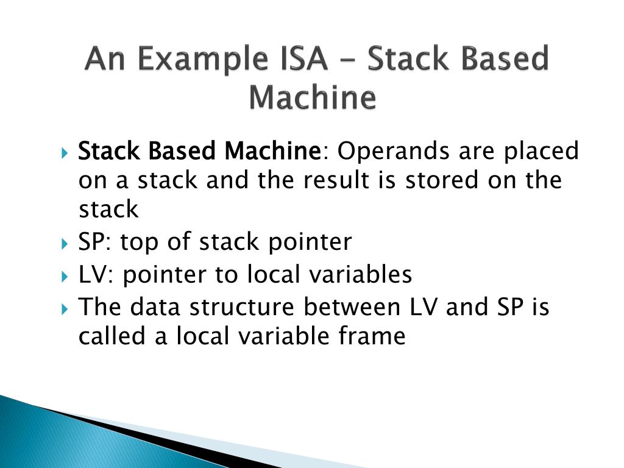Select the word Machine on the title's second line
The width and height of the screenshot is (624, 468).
pos(312,97)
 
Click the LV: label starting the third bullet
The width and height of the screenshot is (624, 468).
pos(96,275)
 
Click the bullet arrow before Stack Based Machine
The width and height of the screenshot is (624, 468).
pos(65,151)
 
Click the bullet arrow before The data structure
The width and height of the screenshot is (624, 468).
pos(65,308)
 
